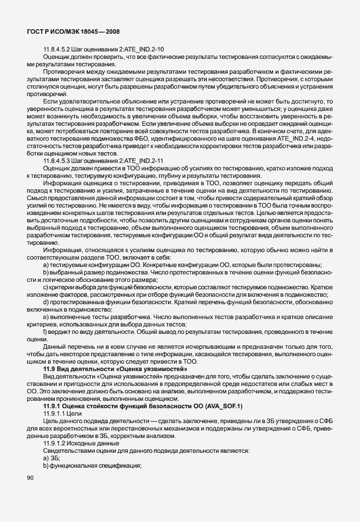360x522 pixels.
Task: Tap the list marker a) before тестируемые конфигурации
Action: [46, 265]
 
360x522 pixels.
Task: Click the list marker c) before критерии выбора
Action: [46, 287]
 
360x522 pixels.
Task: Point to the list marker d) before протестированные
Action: [46, 302]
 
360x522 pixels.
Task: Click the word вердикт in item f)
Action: [59, 332]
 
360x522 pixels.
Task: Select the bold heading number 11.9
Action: [50, 369]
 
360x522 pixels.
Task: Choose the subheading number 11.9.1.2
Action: [55, 443]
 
